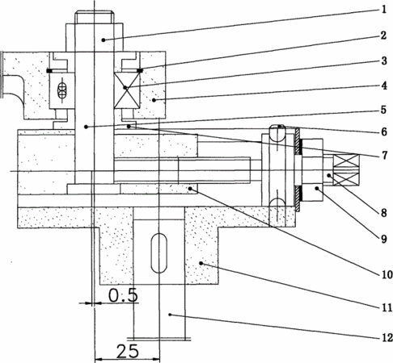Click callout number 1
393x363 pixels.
click(x=384, y=10)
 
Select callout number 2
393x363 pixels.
click(x=383, y=35)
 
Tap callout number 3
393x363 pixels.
click(x=384, y=60)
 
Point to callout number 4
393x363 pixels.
click(x=384, y=86)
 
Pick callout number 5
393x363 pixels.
click(x=383, y=110)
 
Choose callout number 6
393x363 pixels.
click(x=384, y=131)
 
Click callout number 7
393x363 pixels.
click(x=385, y=155)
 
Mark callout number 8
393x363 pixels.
click(x=384, y=213)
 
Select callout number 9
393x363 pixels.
click(x=384, y=239)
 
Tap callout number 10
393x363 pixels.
click(x=387, y=274)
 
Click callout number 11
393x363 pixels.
click(x=387, y=307)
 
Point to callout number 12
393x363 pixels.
click(x=387, y=338)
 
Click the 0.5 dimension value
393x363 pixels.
click(x=123, y=295)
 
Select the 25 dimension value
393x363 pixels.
click(x=128, y=351)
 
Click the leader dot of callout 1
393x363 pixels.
click(x=104, y=40)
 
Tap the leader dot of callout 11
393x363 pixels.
click(x=201, y=263)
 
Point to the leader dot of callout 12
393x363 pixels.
click(x=170, y=315)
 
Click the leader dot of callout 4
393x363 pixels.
click(x=154, y=100)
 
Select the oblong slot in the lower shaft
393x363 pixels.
click(x=159, y=253)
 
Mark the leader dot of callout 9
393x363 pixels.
click(x=317, y=189)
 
